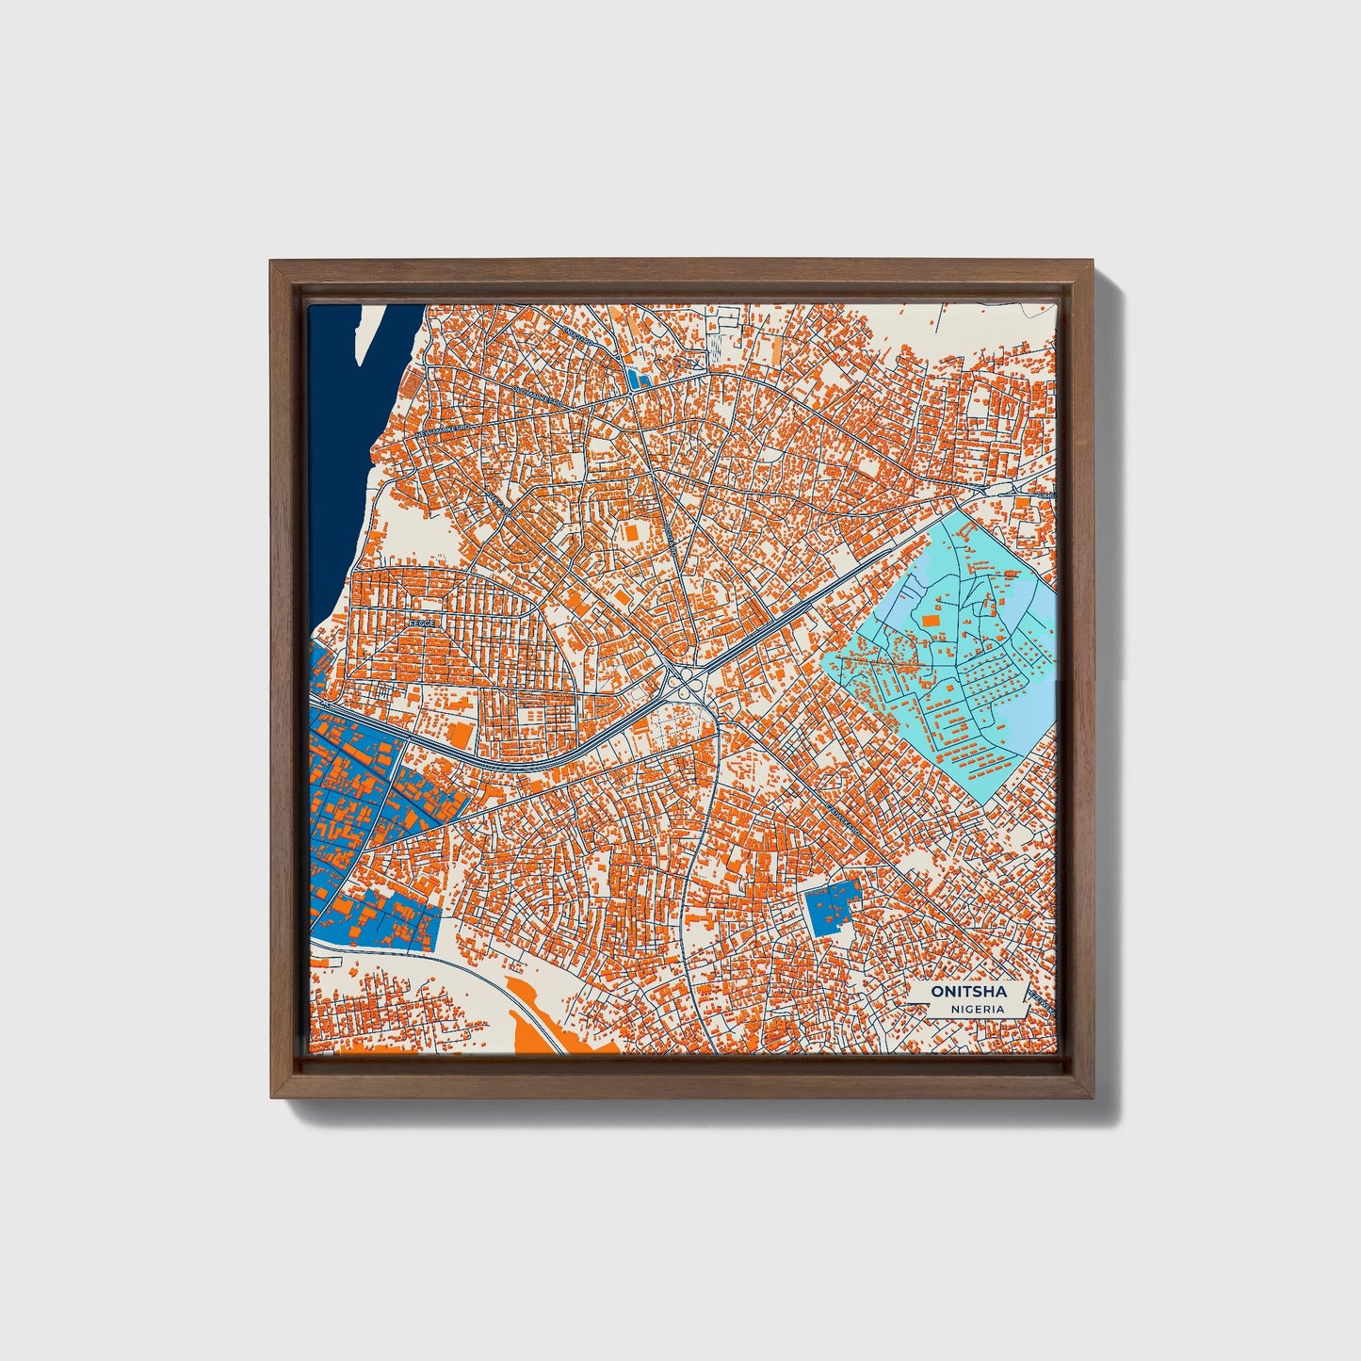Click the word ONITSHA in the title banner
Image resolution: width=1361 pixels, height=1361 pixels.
968,991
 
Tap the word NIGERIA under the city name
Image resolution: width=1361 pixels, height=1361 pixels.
976,1009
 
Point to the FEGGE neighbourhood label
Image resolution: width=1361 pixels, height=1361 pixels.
420,623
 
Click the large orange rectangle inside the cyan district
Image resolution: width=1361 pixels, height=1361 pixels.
931,620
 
